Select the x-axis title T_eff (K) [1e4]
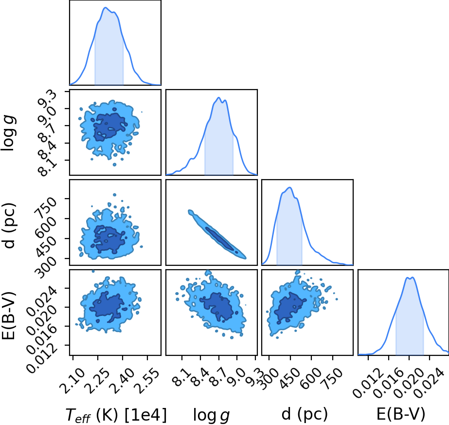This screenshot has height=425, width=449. click(116, 415)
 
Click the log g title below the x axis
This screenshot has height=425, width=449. click(211, 415)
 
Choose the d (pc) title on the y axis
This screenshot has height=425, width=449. click(8, 225)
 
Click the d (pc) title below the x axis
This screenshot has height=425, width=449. click(305, 414)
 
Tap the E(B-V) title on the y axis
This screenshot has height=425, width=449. click(8, 315)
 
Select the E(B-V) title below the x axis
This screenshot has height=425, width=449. click(401, 414)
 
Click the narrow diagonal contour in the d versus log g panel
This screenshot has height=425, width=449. click(217, 234)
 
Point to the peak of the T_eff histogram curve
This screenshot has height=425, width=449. click(105, 7)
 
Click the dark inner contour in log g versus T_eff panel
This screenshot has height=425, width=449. click(109, 127)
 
